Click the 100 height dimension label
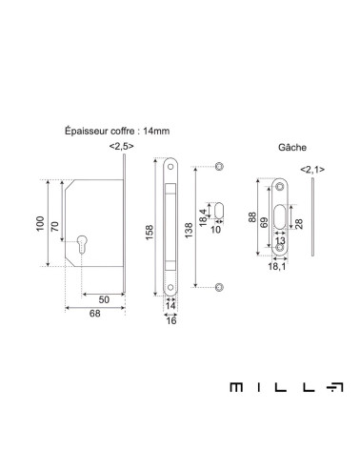tap(40, 223)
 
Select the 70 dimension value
tap(55, 226)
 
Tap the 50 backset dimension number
tap(104, 299)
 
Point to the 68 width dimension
tap(94, 314)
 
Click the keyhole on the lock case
tap(82, 243)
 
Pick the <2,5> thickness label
tap(121, 146)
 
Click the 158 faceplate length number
tap(150, 233)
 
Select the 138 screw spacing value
tap(189, 231)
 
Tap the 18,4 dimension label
tap(203, 217)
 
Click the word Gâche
tap(292, 148)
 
